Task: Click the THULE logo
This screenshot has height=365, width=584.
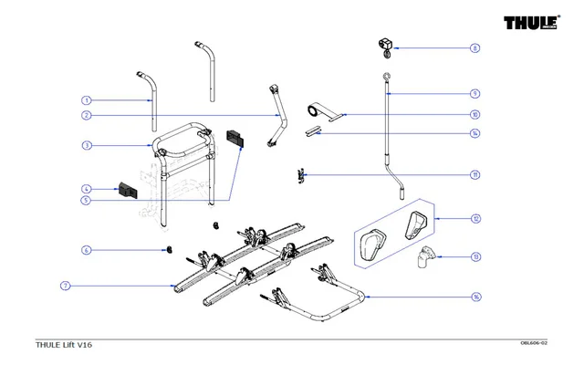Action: point(527,25)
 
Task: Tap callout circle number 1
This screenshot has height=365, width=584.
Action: point(86,100)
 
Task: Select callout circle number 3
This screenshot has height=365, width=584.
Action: point(86,146)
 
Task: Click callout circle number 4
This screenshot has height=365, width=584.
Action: point(86,189)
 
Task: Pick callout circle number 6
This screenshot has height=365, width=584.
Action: point(86,249)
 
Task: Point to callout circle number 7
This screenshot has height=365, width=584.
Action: point(66,286)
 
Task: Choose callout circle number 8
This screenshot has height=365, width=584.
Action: point(474,47)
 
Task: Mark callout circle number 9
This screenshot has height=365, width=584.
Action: point(474,93)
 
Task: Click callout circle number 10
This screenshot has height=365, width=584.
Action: point(474,115)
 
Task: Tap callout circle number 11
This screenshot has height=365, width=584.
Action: point(474,174)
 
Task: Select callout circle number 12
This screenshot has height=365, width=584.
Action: point(474,219)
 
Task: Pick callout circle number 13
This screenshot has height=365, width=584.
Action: point(474,257)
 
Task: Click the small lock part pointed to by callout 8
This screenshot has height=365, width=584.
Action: point(384,44)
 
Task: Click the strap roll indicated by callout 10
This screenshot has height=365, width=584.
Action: point(313,111)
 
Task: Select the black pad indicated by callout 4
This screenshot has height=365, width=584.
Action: point(125,190)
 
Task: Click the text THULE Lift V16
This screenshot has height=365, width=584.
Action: point(63,344)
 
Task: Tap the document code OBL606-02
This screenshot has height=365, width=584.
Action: point(533,342)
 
